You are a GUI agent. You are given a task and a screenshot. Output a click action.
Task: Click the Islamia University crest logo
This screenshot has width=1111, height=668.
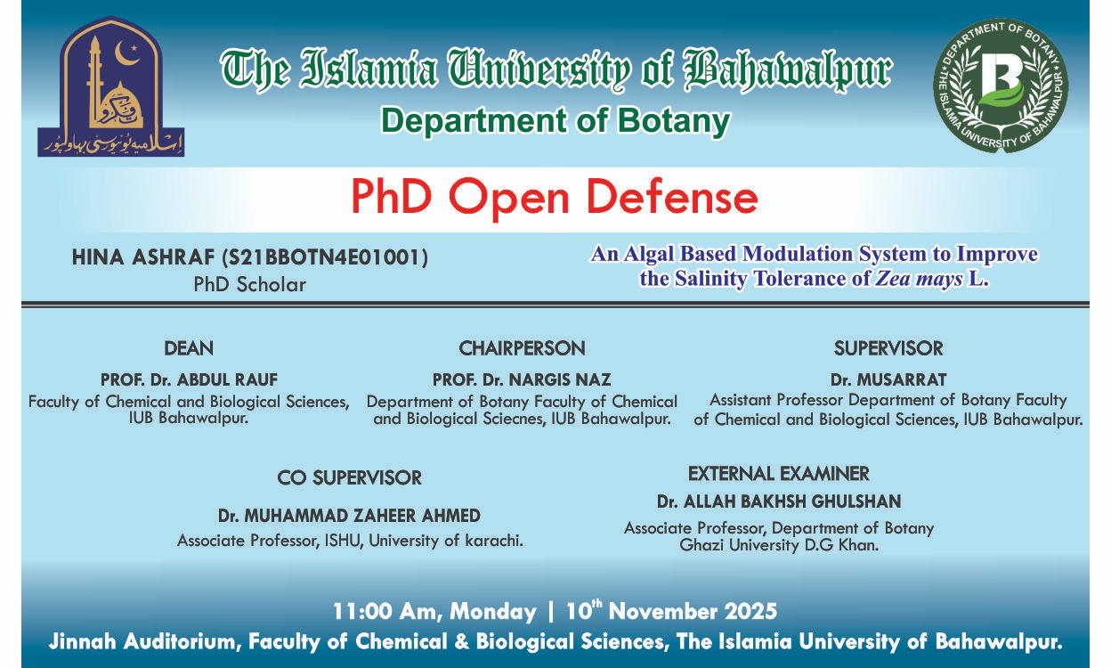pos(110,87)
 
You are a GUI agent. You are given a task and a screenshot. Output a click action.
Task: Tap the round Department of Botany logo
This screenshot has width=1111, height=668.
pos(1000,86)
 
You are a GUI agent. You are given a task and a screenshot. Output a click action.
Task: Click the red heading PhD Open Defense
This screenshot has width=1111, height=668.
pos(554,197)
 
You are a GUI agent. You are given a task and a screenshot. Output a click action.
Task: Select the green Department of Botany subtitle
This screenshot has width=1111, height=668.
pos(555,120)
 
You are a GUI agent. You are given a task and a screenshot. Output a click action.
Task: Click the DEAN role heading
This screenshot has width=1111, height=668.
pos(189,348)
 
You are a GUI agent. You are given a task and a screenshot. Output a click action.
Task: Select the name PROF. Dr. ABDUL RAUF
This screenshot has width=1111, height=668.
pos(189,380)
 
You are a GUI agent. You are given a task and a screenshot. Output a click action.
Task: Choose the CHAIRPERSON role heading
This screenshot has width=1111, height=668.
pos(522,348)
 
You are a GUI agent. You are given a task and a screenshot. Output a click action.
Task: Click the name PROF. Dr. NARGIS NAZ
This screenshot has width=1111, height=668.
pos(522,380)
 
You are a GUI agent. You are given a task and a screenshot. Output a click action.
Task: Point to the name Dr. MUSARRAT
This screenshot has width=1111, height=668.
pos(888,380)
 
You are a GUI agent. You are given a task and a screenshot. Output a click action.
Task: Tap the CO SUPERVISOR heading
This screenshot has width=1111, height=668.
pos(349,478)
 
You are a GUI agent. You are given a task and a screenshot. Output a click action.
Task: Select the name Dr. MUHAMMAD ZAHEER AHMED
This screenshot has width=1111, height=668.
pos(349,516)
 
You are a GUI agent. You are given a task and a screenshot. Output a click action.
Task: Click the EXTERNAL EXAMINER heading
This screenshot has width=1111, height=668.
pos(778,473)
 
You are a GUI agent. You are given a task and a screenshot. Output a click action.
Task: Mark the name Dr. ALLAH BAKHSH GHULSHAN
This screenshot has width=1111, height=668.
pos(779,501)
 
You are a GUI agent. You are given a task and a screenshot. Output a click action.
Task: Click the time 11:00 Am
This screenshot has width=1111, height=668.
pos(386,612)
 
